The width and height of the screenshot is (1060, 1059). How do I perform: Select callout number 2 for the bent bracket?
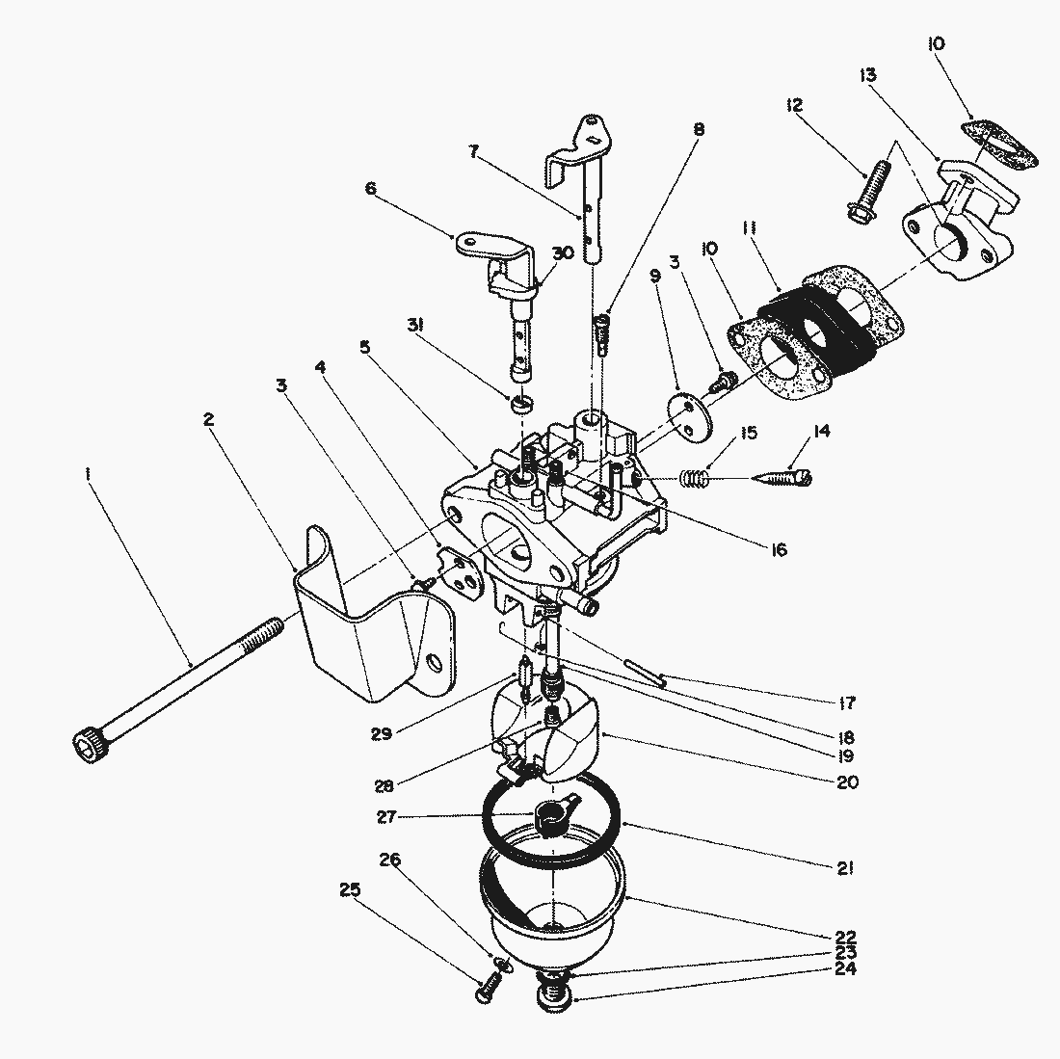coord(209,420)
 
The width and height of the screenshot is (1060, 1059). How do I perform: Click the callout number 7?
coord(473,151)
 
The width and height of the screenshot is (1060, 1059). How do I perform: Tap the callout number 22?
coord(846,936)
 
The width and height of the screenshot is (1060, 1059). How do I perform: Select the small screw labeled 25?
coord(488,988)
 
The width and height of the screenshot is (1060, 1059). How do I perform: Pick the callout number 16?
coord(778,550)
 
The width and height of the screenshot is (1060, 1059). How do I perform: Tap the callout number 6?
coord(371,190)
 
